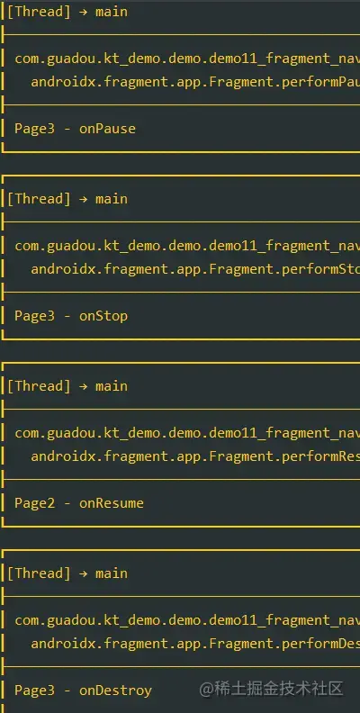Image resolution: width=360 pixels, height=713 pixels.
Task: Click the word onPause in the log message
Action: tap(107, 129)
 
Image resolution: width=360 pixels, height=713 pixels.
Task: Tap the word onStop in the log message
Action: tap(103, 316)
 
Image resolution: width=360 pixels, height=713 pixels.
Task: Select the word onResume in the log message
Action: tap(112, 503)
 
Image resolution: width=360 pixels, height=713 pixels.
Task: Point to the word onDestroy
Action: tap(115, 690)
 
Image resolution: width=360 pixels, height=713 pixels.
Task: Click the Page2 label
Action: tap(34, 503)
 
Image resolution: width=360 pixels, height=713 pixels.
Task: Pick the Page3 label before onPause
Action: tap(34, 129)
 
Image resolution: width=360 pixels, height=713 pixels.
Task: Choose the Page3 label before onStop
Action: tap(34, 316)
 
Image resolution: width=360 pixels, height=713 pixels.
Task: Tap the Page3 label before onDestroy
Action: tap(34, 690)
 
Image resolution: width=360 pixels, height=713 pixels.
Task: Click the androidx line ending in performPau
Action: tap(195, 82)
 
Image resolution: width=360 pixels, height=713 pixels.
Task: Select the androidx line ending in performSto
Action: tap(195, 269)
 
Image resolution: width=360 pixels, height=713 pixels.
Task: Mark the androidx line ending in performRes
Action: tap(195, 456)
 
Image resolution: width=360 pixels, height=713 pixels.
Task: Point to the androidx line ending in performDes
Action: tap(195, 644)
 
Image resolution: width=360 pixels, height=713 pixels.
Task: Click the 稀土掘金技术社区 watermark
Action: tap(272, 689)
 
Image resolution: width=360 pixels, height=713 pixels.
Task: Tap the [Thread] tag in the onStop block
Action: tap(39, 199)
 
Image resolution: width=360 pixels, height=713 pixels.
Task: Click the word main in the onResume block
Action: tap(112, 386)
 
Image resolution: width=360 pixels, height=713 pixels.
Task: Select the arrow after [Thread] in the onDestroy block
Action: tap(83, 573)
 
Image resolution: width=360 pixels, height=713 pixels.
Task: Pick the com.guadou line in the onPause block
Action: tap(187, 59)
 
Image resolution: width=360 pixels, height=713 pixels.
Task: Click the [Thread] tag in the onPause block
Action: tap(39, 12)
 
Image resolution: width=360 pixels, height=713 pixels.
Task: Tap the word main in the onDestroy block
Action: tap(112, 573)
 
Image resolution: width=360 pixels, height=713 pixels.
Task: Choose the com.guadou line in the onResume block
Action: tap(187, 433)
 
